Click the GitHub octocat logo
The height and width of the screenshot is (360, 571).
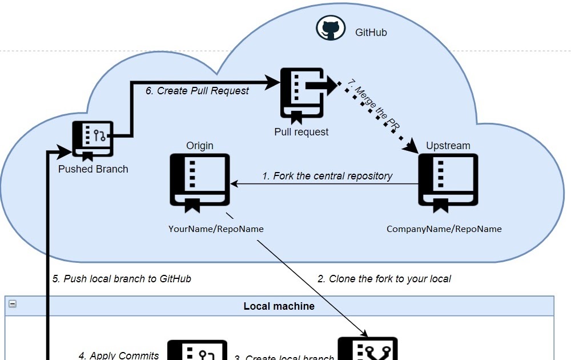tap(331, 29)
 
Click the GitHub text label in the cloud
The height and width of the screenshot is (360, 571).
tap(371, 33)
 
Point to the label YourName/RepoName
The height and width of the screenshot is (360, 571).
tap(216, 229)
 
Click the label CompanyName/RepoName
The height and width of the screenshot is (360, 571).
tap(444, 229)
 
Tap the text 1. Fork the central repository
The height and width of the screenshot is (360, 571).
tap(327, 176)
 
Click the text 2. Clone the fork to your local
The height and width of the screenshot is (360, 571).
tap(384, 279)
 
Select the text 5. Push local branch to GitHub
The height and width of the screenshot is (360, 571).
tap(122, 279)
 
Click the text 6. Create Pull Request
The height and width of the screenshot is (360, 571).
tap(197, 91)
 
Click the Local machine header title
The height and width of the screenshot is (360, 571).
tap(279, 306)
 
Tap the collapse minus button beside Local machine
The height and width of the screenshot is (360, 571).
tap(12, 304)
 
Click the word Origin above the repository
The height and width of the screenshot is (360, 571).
tap(200, 146)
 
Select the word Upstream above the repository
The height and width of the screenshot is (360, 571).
tap(448, 146)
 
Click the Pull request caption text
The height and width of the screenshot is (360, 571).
tap(301, 132)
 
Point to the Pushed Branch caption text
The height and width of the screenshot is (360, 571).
tap(93, 169)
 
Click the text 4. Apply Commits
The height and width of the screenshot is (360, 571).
tap(119, 355)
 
